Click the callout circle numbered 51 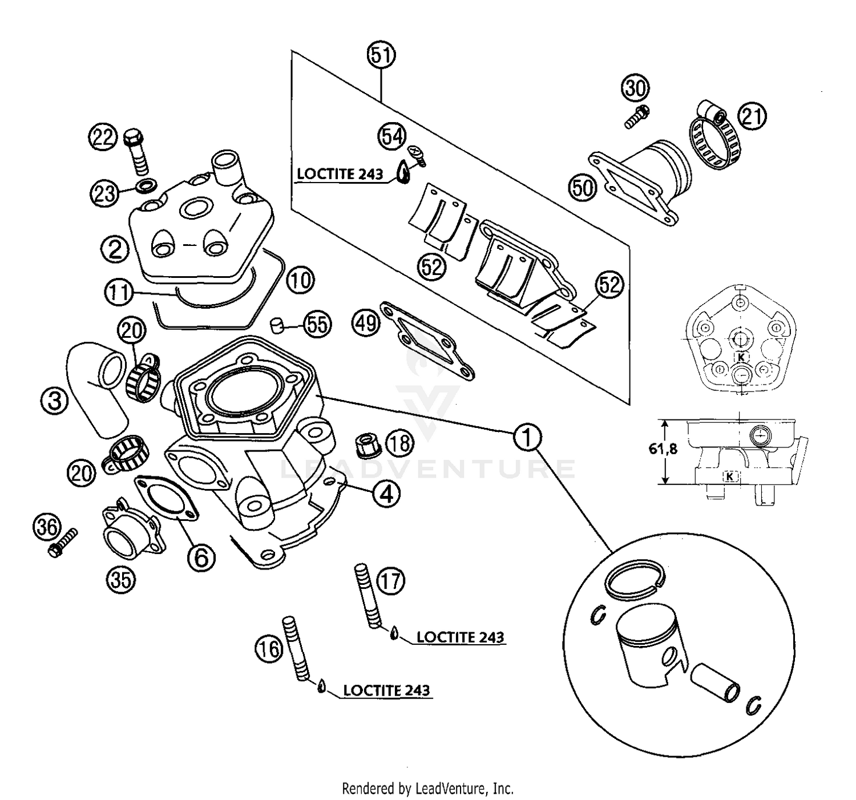coord(382,56)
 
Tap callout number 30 coord(636,88)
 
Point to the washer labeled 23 coord(146,185)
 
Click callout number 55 coord(317,324)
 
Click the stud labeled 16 coord(300,649)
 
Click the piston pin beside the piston coord(716,684)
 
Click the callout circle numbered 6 coord(201,556)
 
